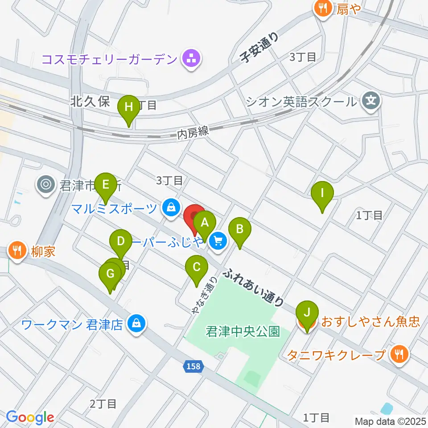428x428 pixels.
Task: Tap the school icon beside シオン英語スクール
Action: [370, 101]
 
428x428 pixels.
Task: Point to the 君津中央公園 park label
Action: [243, 332]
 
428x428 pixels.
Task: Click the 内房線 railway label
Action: [193, 132]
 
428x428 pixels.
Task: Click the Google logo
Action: [29, 417]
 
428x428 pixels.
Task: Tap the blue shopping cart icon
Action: [218, 241]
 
